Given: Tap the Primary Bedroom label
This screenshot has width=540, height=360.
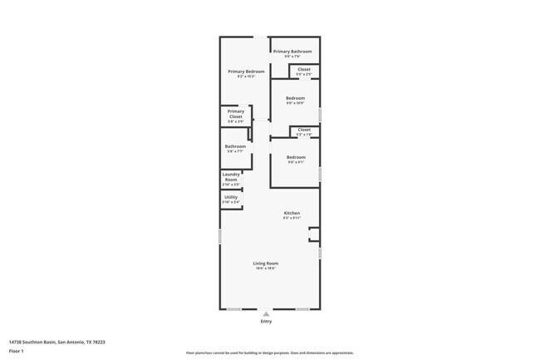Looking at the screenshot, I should tap(247, 72).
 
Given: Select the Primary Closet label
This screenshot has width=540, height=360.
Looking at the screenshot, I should tap(236, 114).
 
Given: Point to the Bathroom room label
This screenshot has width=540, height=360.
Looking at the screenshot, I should tap(235, 146).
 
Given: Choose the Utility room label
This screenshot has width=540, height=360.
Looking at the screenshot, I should tap(231, 197).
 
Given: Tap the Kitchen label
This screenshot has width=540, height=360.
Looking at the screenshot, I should tap(292, 213).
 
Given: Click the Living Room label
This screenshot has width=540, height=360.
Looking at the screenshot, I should tap(266, 264).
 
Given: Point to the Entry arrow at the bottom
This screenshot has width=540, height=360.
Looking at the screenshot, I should tap(266, 313).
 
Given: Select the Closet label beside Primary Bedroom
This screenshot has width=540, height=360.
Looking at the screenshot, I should tap(304, 69).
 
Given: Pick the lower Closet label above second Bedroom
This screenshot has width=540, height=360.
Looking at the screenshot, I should tap(304, 130).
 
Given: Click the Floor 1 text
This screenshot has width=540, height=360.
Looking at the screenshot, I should tap(17, 351).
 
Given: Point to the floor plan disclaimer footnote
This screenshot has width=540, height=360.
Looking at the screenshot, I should tap(270, 353).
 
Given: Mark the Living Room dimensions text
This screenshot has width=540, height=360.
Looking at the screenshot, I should tap(266, 269).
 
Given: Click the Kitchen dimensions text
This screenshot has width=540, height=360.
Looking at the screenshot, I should tap(292, 218).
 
